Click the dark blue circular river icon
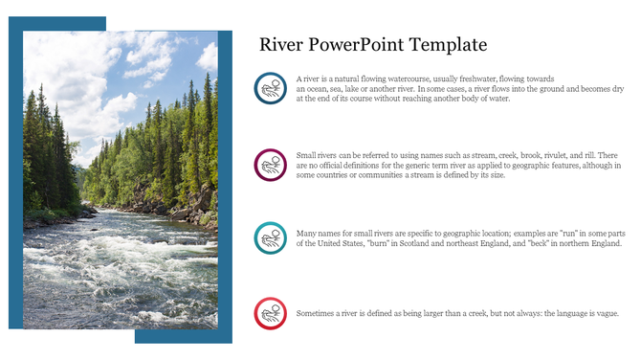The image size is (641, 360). [271, 88]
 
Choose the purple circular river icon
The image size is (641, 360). [271, 165]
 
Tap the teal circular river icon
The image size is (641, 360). [271, 237]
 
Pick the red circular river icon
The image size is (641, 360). [271, 313]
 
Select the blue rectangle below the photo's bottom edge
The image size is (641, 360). [182, 336]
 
